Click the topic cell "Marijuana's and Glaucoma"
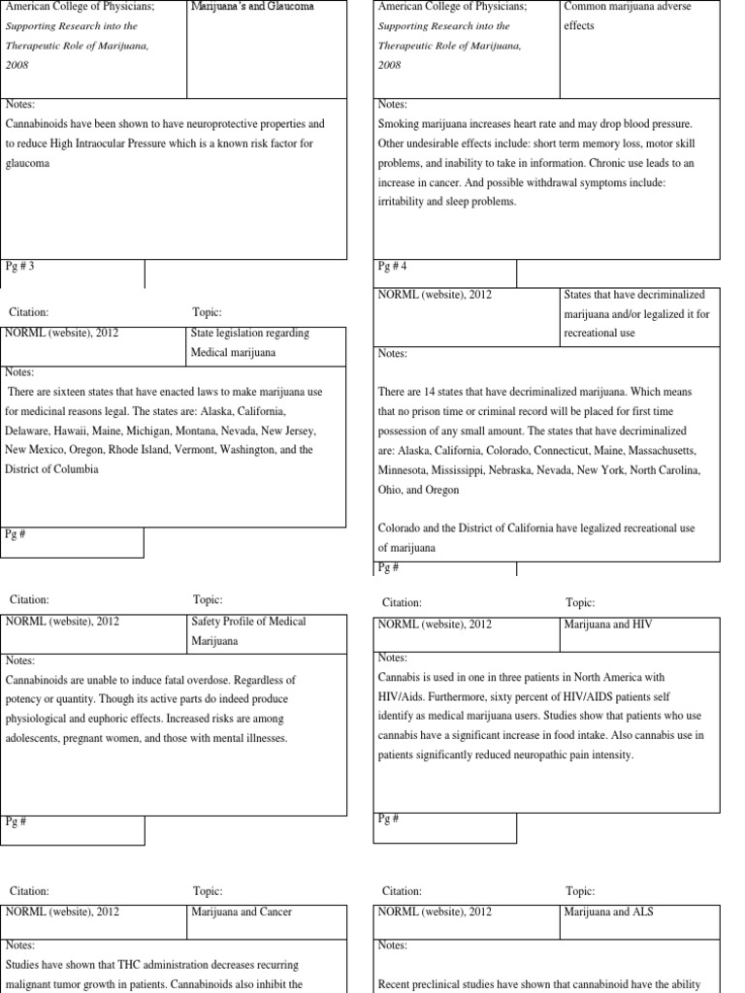click(251, 7)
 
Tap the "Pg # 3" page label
click(20, 266)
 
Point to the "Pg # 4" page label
click(393, 266)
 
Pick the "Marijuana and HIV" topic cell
click(608, 625)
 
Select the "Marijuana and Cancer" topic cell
click(242, 912)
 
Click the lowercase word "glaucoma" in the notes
click(27, 165)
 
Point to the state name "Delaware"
click(28, 431)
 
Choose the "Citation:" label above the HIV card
click(402, 602)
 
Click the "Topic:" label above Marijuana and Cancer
click(208, 890)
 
